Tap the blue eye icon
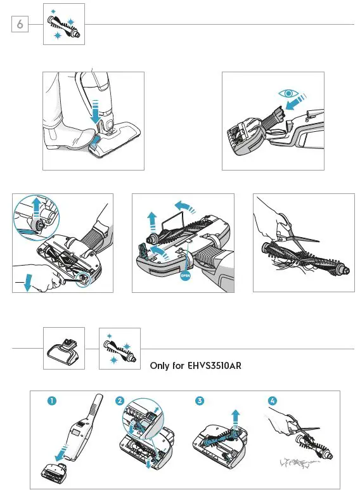289,93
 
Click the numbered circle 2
120,401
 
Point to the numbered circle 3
200,401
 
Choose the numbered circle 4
273,401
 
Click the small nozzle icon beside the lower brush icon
64,349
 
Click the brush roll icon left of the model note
120,349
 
